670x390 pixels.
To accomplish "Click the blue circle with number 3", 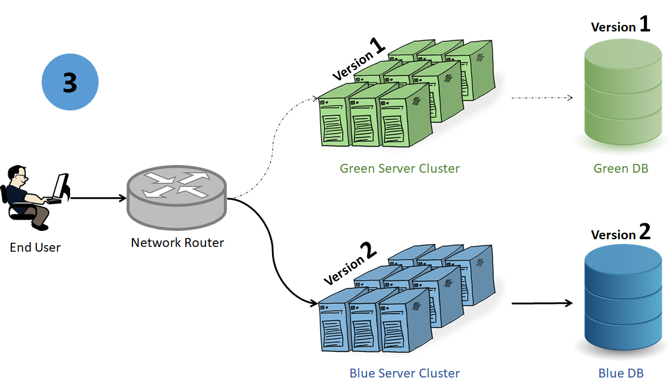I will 70,83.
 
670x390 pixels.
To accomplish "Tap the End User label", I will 35,248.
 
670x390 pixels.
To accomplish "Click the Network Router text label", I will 177,243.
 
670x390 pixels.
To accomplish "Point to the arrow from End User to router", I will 98,198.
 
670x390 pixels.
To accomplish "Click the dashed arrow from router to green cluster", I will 273,142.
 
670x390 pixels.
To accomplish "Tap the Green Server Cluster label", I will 399,169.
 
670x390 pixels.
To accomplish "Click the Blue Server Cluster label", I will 404,373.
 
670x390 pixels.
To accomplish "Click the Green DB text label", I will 621,169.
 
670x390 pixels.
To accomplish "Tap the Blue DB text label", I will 621,373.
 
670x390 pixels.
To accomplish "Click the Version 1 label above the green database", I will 620,26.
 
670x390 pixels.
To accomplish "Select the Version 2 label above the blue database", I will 620,233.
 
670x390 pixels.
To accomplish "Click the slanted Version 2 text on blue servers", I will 350,264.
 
